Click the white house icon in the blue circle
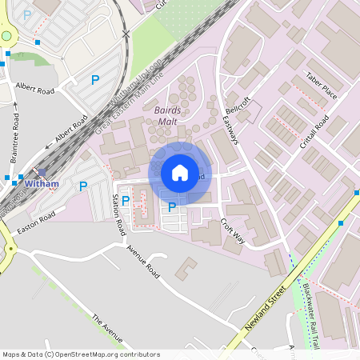click(180, 173)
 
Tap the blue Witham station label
click(42, 183)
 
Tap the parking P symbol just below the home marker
click(172, 207)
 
